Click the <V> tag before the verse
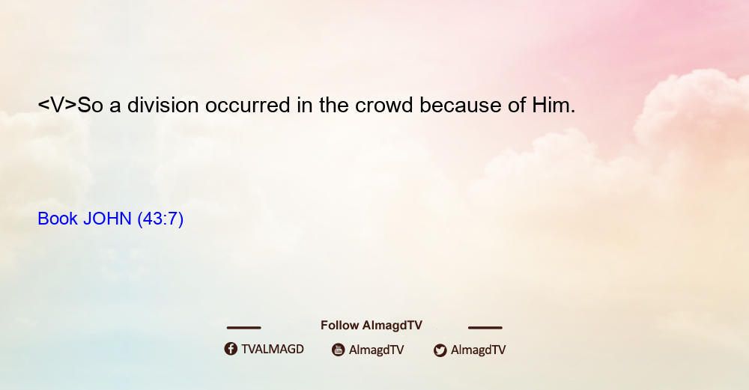pos(58,105)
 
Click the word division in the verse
pos(163,105)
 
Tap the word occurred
pos(247,105)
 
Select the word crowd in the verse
pos(383,105)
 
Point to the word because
pos(461,105)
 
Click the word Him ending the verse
pos(554,105)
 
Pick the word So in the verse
pos(91,105)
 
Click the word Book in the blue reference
pos(58,219)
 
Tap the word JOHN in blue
pos(107,219)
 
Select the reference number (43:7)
pos(160,219)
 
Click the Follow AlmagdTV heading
pos(372,326)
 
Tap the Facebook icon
pos(231,349)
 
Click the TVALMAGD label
pos(273,350)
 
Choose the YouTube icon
pos(339,350)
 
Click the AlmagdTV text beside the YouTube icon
pos(377,350)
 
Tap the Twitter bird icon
pos(440,350)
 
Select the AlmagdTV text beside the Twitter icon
pos(478,350)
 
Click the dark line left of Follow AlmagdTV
pos(243,328)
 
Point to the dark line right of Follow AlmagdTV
pos(485,328)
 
